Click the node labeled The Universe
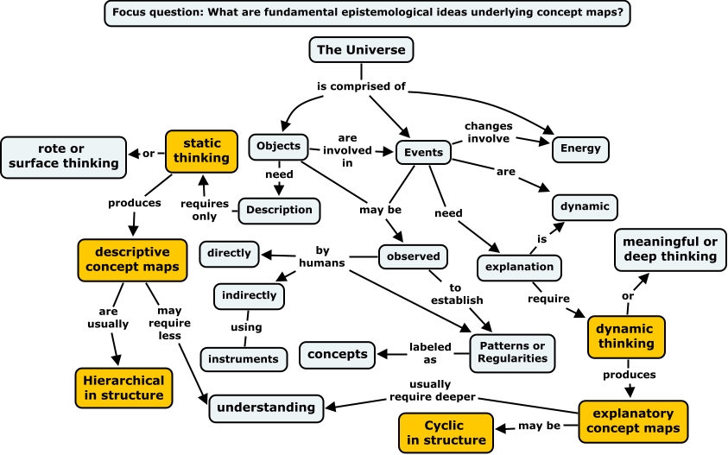pyautogui.click(x=361, y=50)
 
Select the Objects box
pyautogui.click(x=278, y=146)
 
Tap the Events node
pyautogui.click(x=423, y=153)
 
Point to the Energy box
pyautogui.click(x=580, y=149)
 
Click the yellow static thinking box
pyautogui.click(x=197, y=150)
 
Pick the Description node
pyautogui.click(x=279, y=210)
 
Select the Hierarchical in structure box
pyautogui.click(x=124, y=388)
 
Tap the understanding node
pyautogui.click(x=266, y=408)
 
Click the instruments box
pyautogui.click(x=243, y=358)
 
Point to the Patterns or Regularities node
pyautogui.click(x=513, y=352)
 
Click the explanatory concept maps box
pyautogui.click(x=633, y=420)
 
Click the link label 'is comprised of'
pyautogui.click(x=362, y=86)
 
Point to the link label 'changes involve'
pyautogui.click(x=487, y=132)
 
